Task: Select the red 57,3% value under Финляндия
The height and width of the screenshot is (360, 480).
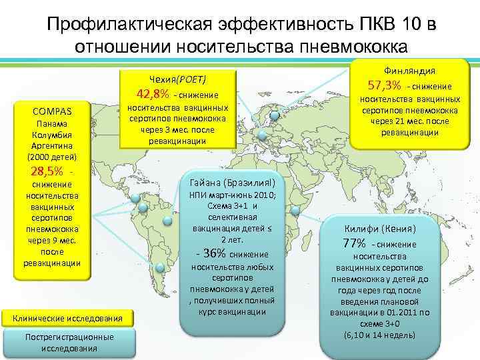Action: click(x=385, y=85)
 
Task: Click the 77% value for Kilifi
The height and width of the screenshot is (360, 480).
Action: click(x=355, y=243)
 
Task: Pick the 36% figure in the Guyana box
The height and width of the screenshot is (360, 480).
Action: click(x=212, y=253)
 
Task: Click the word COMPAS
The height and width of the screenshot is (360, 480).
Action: click(x=52, y=111)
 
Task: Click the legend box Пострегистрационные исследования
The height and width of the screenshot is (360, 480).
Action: click(x=69, y=342)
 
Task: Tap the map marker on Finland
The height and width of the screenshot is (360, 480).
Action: click(x=275, y=116)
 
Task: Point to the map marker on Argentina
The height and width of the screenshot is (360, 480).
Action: click(x=161, y=267)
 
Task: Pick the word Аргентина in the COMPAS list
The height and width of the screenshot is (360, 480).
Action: click(x=52, y=145)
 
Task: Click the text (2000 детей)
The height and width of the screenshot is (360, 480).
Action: click(x=52, y=157)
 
